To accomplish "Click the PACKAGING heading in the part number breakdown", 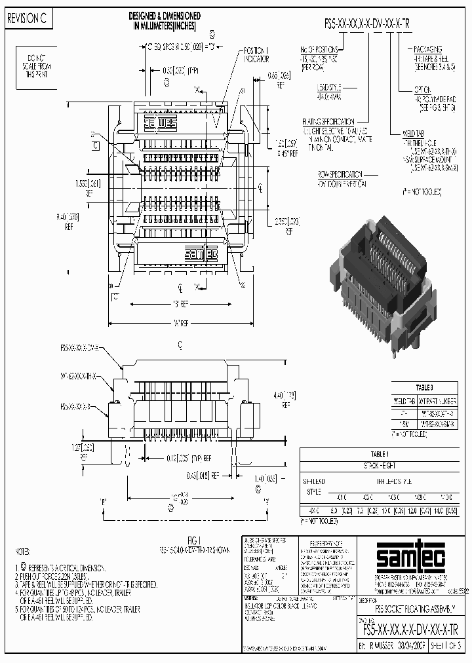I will (x=426, y=49).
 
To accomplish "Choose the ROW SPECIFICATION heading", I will (x=341, y=174).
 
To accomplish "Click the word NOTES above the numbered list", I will (x=24, y=552).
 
